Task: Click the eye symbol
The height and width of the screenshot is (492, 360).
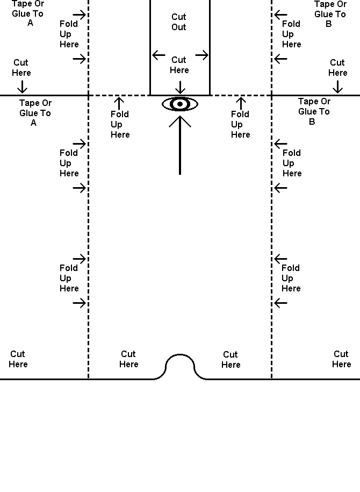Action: click(x=180, y=104)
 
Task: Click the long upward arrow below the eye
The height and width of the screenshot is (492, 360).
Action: click(x=180, y=145)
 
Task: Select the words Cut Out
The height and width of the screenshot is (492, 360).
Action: click(x=179, y=22)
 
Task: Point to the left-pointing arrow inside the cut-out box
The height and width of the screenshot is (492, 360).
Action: click(x=159, y=55)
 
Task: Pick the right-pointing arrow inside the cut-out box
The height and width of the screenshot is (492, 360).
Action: click(x=201, y=55)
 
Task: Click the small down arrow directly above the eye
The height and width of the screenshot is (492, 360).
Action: click(x=181, y=87)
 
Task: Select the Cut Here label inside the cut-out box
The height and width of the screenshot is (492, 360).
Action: click(x=179, y=65)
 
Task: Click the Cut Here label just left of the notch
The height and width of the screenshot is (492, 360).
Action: click(x=128, y=359)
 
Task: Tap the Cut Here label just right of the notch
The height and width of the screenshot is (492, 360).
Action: click(x=231, y=359)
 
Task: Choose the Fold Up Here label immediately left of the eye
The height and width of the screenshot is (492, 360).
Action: click(x=120, y=124)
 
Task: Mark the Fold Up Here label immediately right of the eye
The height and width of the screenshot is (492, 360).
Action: click(x=240, y=124)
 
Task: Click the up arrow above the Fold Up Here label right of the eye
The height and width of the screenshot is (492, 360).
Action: click(x=241, y=102)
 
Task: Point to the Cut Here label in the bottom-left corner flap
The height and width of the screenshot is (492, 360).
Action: click(x=18, y=359)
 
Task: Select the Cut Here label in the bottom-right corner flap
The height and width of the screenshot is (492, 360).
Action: click(x=341, y=359)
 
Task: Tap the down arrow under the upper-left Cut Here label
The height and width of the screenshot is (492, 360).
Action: click(x=22, y=86)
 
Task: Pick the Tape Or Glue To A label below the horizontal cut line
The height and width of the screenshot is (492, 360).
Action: click(x=35, y=112)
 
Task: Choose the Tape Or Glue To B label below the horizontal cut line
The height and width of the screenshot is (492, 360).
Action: click(x=314, y=111)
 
